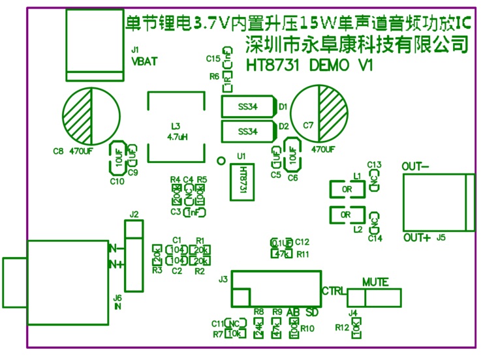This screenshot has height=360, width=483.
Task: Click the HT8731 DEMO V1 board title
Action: coord(309,66)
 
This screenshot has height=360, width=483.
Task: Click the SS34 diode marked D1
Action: coord(249,106)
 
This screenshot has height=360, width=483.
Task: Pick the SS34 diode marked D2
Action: coord(249,130)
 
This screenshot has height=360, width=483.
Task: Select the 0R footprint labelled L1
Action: coord(346,190)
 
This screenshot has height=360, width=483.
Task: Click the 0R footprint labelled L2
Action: coord(346,215)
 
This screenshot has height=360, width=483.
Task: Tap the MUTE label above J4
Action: coord(375,282)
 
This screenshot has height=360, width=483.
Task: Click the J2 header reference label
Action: coord(134,214)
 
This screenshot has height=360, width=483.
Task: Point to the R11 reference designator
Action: coord(302,254)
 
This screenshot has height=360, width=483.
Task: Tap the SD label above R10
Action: coord(312,312)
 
